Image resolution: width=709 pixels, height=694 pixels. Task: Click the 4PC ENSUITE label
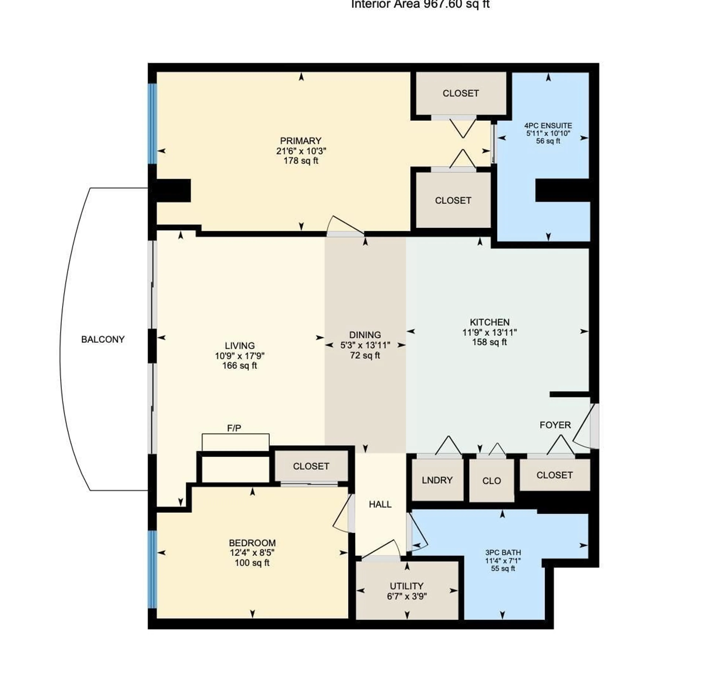click(548, 126)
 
